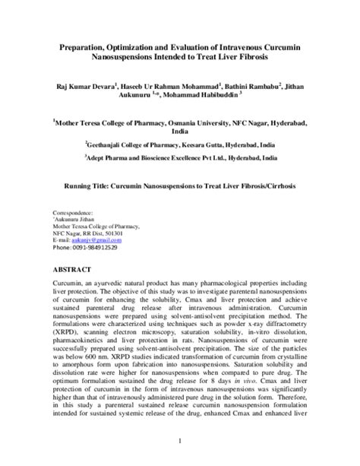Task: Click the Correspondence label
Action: pos(74,213)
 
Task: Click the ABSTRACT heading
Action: pos(71,270)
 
